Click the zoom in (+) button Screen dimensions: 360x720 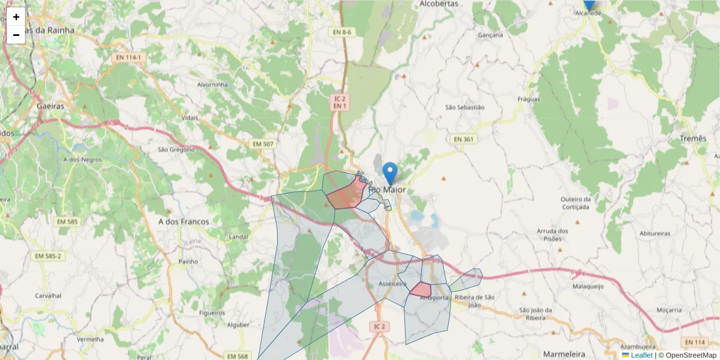[16, 17]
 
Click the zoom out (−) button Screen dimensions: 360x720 [16, 35]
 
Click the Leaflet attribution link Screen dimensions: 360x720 [641, 355]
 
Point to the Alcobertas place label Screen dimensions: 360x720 [439, 4]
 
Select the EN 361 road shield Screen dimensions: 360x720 [463, 139]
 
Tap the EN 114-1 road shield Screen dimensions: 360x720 [129, 58]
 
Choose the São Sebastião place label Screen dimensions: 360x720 [464, 107]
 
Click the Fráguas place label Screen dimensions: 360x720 [529, 99]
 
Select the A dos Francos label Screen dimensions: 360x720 [184, 221]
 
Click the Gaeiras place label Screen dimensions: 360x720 [50, 105]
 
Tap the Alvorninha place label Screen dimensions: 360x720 [213, 85]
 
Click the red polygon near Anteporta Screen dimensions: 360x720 [421, 289]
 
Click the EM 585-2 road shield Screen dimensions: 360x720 [49, 256]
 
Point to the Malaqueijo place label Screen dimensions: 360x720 [588, 287]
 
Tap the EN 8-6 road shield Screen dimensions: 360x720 [343, 32]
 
